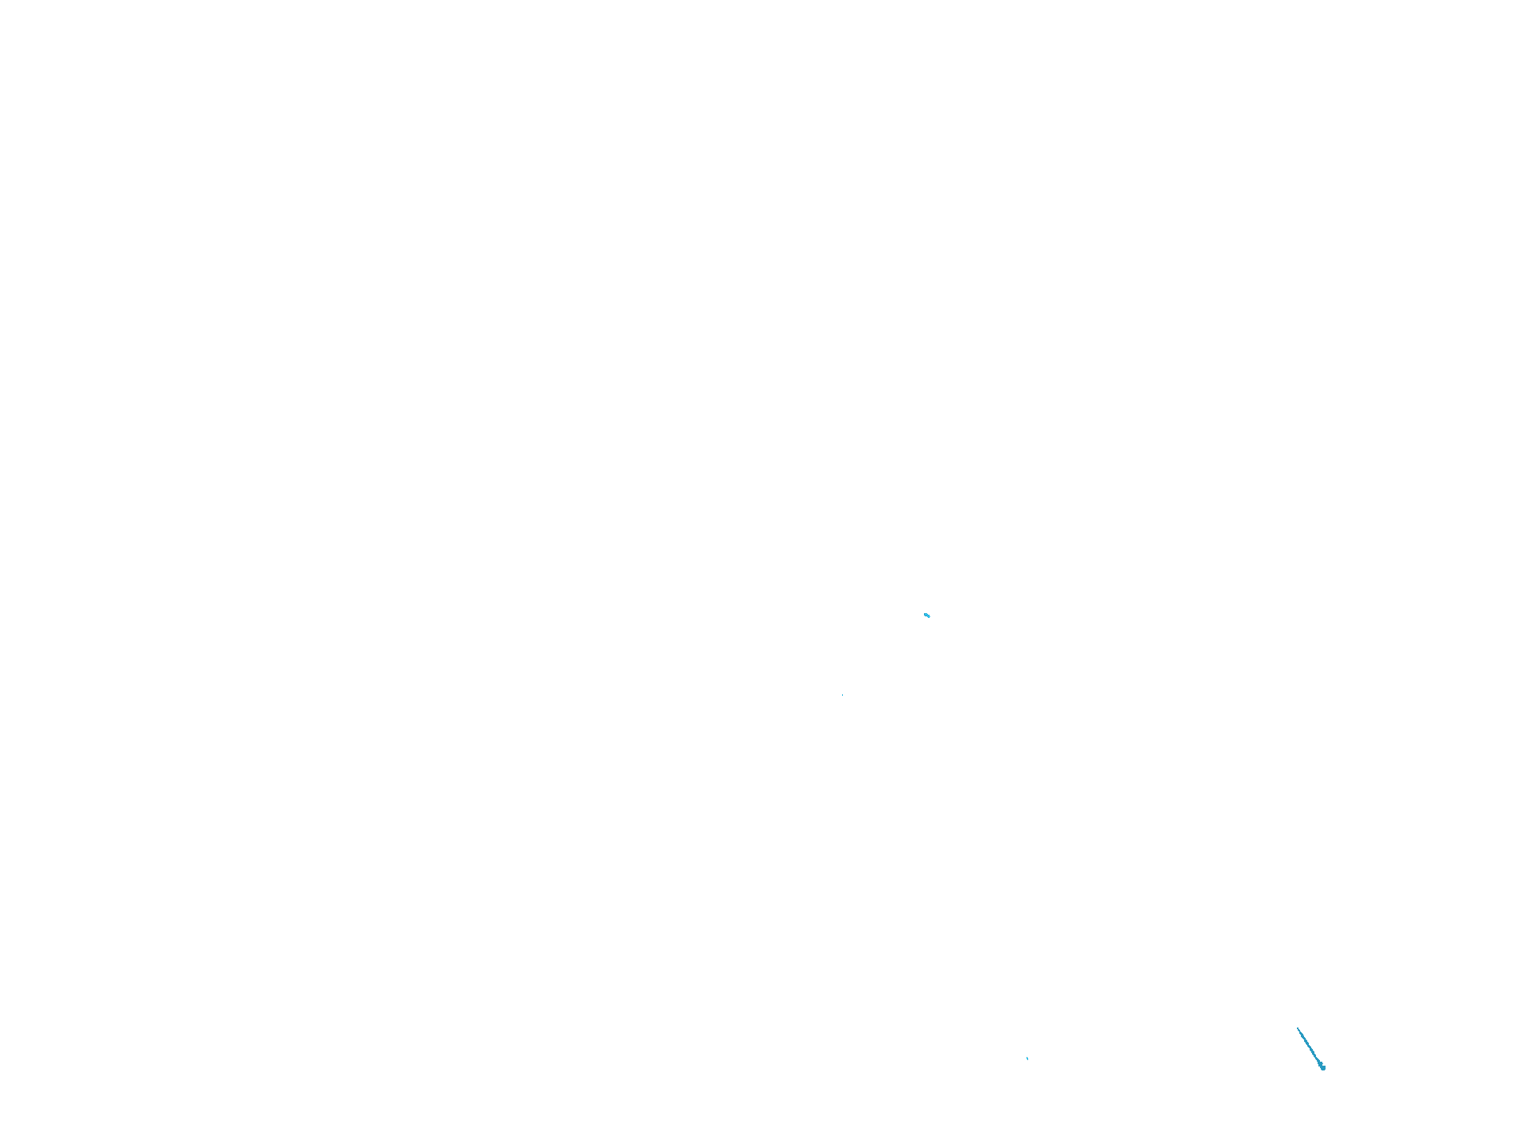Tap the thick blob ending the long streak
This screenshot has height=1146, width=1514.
click(x=1322, y=1067)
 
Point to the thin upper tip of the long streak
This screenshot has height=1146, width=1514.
click(x=1299, y=1028)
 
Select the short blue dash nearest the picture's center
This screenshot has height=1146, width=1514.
click(x=927, y=615)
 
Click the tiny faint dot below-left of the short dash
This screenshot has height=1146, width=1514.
click(x=843, y=695)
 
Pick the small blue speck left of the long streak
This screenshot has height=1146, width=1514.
click(x=1027, y=1059)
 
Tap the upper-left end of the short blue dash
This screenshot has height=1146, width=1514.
click(x=925, y=613)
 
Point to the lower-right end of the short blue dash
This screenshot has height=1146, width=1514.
click(x=930, y=616)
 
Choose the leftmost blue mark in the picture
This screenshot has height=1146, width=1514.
click(x=843, y=695)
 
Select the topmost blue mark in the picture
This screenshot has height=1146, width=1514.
click(x=927, y=615)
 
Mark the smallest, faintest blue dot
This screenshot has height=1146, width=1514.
click(x=843, y=695)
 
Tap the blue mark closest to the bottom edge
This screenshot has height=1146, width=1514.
click(x=1322, y=1067)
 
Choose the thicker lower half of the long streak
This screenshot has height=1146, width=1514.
click(x=1317, y=1059)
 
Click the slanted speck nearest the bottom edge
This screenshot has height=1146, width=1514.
click(x=1027, y=1059)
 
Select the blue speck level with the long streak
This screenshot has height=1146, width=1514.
click(x=1027, y=1059)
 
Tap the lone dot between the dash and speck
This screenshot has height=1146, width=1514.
click(x=843, y=695)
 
